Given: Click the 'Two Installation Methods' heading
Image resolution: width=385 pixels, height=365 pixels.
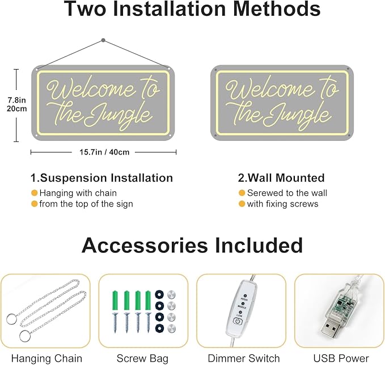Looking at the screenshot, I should [x=192, y=10].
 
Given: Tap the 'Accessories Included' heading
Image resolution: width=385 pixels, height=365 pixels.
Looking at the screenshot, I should [x=192, y=245].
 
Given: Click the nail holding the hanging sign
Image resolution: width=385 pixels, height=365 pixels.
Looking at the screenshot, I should [x=103, y=40].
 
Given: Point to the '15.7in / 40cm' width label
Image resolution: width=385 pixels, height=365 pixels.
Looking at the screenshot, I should [x=104, y=152].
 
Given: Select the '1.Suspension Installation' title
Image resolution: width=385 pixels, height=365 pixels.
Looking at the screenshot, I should [x=101, y=178].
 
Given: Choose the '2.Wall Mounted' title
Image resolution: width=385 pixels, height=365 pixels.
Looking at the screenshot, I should [x=281, y=178].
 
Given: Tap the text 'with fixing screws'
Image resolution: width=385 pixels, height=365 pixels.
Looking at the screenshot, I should [x=282, y=204].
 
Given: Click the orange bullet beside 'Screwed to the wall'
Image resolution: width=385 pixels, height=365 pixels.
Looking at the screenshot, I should [x=242, y=193].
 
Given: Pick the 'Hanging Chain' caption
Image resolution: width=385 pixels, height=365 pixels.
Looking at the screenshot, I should [x=46, y=358].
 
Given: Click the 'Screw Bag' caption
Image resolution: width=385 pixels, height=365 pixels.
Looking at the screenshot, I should [x=143, y=358].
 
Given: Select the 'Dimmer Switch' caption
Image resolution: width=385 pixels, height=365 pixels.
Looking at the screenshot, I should [x=243, y=358].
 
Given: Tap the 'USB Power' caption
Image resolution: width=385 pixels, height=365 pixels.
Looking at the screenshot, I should [x=341, y=358].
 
